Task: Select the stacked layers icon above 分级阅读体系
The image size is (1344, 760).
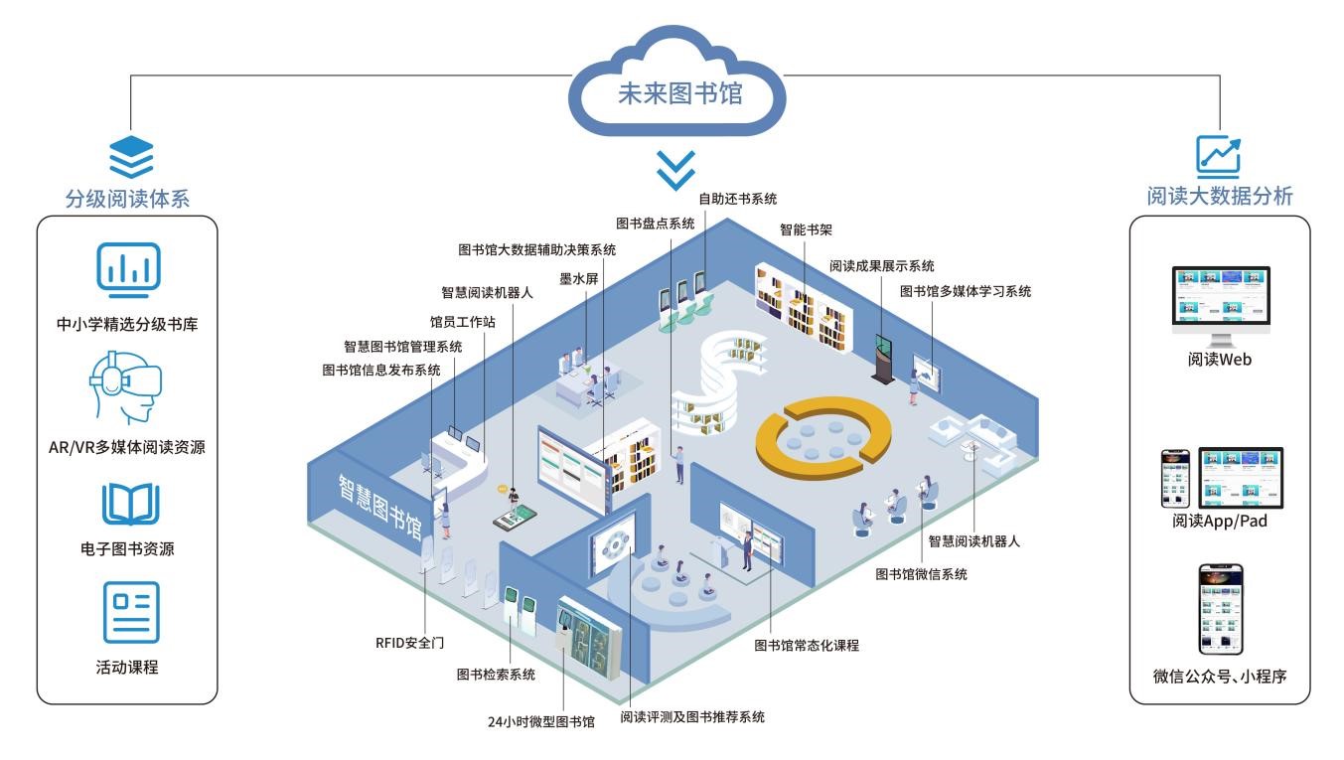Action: [x=131, y=158]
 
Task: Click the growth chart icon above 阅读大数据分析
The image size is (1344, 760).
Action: [x=1218, y=156]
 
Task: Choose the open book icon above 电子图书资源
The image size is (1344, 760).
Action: [x=130, y=505]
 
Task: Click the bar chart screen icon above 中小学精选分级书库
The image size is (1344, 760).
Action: [x=127, y=270]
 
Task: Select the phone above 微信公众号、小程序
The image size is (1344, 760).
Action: [x=1220, y=609]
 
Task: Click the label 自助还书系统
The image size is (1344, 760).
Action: [x=738, y=198]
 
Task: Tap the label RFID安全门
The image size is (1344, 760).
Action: [x=409, y=643]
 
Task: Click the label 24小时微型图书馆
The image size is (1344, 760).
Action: [x=540, y=722]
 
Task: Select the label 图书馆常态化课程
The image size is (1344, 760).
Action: [x=806, y=645]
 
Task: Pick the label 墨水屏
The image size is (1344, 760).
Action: [x=578, y=279]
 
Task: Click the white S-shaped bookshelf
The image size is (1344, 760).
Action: [x=717, y=387]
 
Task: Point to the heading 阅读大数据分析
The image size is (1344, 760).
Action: [x=1220, y=196]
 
